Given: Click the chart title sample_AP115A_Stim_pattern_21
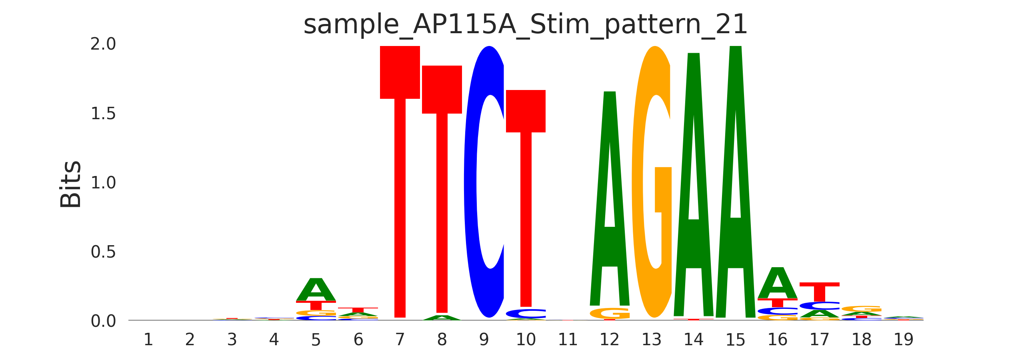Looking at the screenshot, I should tap(525, 25).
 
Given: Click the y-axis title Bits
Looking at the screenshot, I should tap(71, 184).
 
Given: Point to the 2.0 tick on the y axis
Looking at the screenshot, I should tap(103, 44).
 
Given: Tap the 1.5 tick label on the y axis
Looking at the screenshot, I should tap(103, 114).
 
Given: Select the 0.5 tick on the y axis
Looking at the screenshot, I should tap(103, 252).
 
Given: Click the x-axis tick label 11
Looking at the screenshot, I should tap(568, 340).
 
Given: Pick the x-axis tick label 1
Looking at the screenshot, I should tap(148, 340).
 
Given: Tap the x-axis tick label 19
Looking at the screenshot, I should tap(903, 340).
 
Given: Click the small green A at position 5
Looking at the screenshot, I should tap(316, 290).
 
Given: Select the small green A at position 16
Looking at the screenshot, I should tap(777, 283).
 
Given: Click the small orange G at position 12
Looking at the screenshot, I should tap(610, 313).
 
